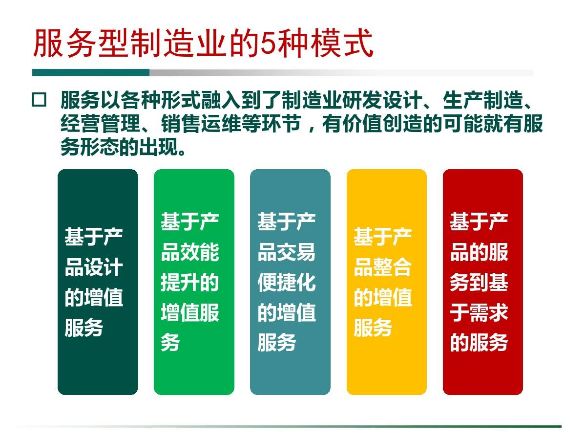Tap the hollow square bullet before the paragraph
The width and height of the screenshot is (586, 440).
pos(39,101)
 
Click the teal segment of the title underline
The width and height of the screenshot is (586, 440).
pos(91,72)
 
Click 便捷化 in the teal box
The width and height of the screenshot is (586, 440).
pos(287,283)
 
